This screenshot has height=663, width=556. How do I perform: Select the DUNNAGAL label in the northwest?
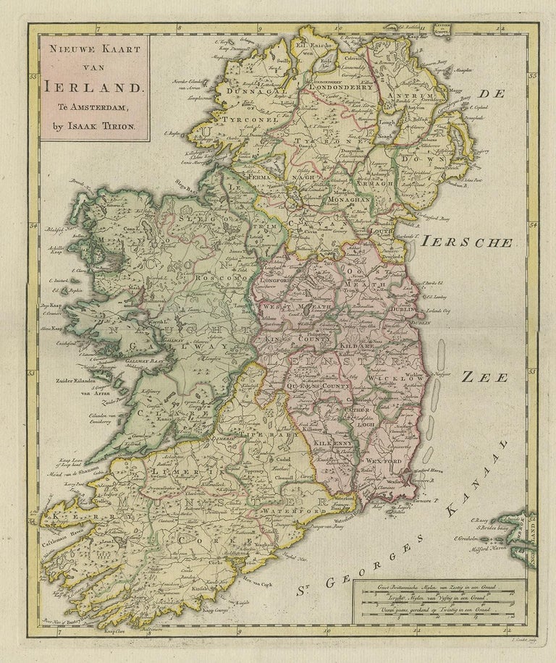(237, 93)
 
